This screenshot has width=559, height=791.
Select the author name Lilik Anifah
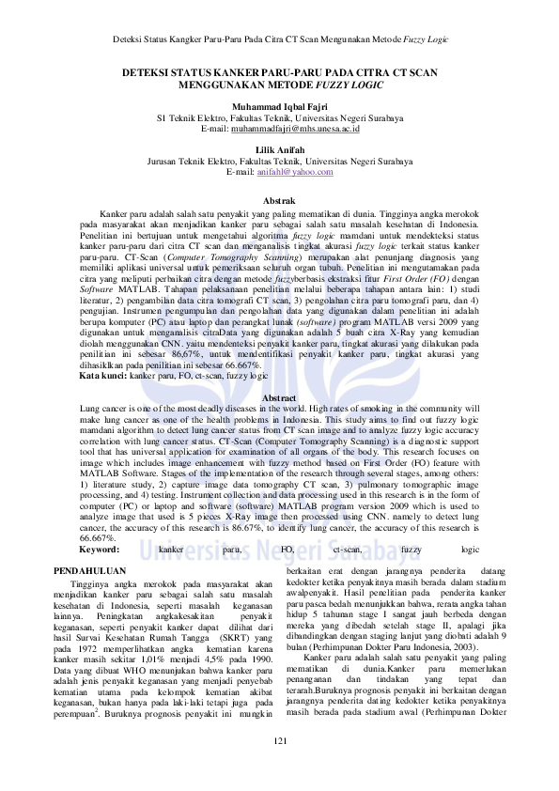[x=280, y=150]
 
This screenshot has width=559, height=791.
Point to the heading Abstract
[x=280, y=398]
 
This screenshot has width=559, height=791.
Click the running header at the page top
[x=279, y=39]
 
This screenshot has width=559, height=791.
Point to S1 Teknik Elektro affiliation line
[x=280, y=118]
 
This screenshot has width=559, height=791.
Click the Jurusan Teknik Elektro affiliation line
[x=280, y=162]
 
